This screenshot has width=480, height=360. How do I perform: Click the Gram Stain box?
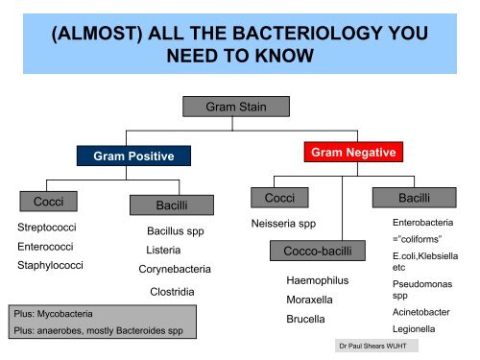236,107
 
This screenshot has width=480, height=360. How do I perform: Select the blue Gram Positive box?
133,156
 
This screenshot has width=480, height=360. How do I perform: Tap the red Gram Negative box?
353,152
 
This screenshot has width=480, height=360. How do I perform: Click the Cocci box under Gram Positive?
48,202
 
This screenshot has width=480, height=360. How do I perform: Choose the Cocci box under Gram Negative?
279,198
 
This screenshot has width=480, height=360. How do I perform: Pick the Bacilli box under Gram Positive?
172,205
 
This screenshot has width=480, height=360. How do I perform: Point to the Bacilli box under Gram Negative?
415,198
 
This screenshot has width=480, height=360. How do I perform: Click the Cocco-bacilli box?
318,251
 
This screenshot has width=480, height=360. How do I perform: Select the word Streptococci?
47,228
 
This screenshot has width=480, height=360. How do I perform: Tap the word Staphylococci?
50,265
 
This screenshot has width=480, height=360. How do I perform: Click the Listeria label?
163,250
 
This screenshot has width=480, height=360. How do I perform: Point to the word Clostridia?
172,292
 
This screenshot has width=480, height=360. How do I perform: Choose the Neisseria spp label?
283,224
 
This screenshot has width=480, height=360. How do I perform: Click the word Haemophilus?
318,280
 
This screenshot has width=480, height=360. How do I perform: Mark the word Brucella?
305,319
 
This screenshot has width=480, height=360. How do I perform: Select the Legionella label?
414,329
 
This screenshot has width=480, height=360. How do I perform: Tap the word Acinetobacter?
421,312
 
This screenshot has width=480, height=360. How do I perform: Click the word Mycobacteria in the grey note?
65,314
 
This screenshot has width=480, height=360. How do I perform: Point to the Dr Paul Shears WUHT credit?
372,346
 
